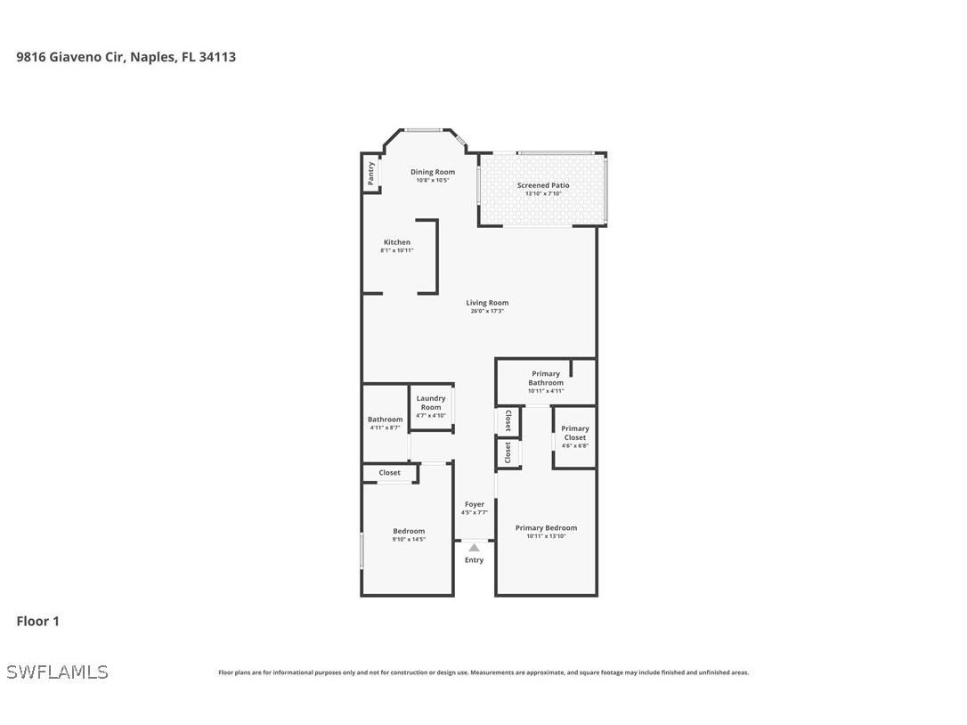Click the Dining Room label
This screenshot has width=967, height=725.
[x=432, y=172]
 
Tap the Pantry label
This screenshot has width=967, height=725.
[x=370, y=174]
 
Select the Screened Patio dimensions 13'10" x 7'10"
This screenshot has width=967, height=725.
[x=542, y=194]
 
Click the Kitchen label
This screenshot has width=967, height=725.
[x=397, y=242]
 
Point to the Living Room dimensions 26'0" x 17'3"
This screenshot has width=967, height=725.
[x=487, y=311]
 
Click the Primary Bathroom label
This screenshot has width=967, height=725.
[x=546, y=379]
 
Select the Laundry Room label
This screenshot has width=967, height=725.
[x=431, y=403]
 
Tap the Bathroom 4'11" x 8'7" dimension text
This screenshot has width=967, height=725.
[x=386, y=428]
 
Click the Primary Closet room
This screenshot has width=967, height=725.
[x=574, y=436]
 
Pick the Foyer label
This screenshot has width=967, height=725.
[x=475, y=504]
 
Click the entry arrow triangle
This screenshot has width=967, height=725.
[x=475, y=548]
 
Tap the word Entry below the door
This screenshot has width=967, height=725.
[x=475, y=560]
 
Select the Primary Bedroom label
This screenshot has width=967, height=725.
[x=546, y=528]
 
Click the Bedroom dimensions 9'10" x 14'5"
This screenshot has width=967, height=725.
[x=409, y=539]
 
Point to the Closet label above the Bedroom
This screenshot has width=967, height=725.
[x=389, y=473]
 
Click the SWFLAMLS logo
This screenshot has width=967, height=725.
[x=57, y=672]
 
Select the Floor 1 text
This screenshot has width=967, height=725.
[x=37, y=621]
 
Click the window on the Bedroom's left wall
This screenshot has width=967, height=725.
[x=362, y=550]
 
